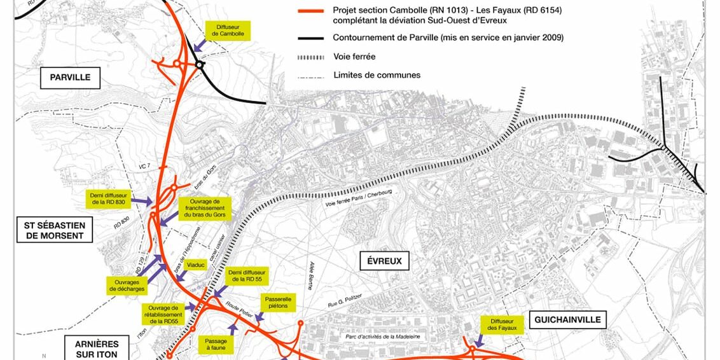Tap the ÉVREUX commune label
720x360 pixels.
click(x=384, y=260)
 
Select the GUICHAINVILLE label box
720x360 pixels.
click(x=567, y=319)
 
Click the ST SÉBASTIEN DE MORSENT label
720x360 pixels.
click(x=55, y=230)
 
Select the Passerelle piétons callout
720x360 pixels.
click(x=278, y=303)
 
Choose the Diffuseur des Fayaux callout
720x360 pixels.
click(x=502, y=324)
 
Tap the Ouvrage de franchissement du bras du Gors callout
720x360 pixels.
click(x=204, y=208)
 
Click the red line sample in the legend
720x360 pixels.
click(x=311, y=11)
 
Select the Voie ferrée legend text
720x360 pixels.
click(x=354, y=57)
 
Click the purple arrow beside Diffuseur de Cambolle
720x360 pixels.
click(x=200, y=45)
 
